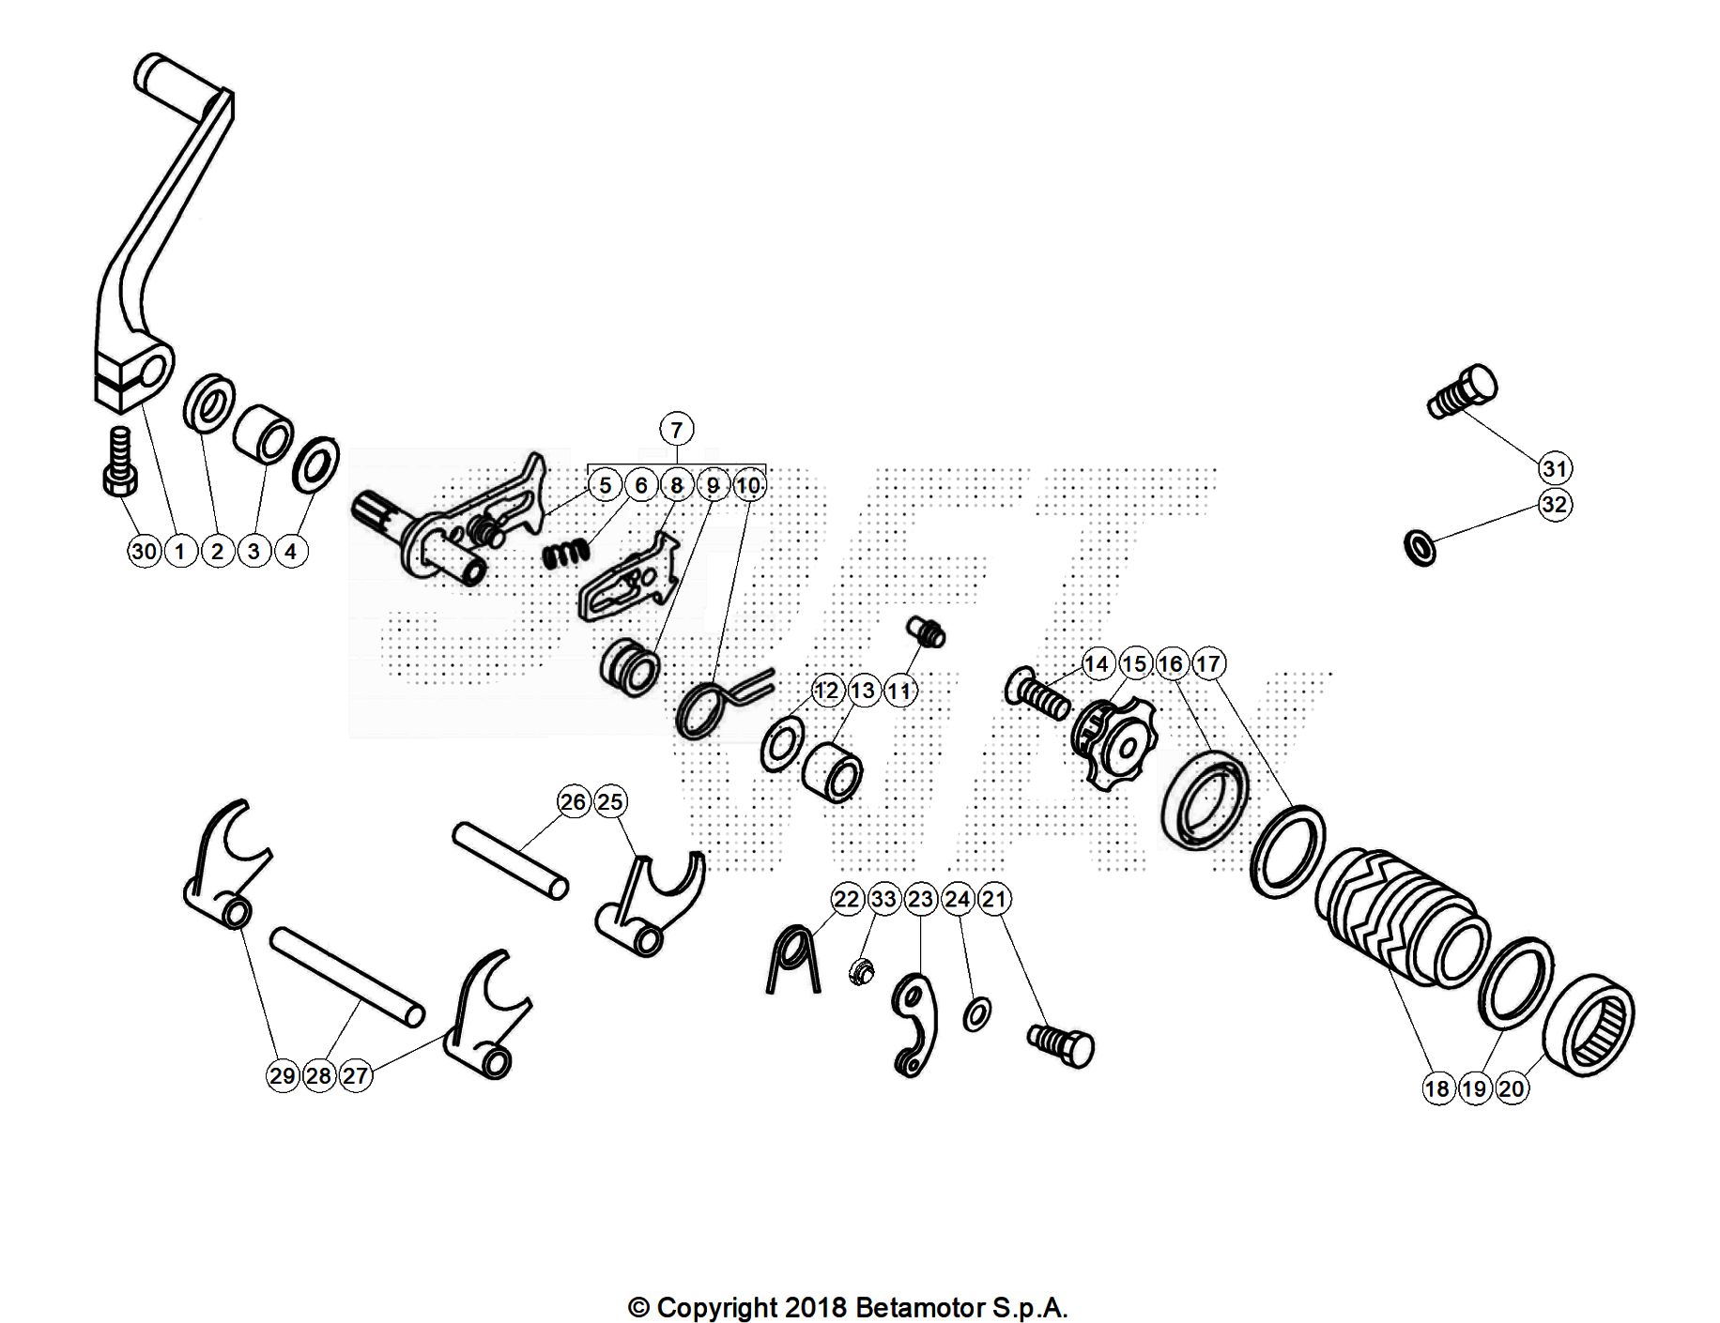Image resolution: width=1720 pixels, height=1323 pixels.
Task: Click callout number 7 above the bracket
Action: pyautogui.click(x=676, y=430)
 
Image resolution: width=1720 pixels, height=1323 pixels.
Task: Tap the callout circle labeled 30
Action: pyautogui.click(x=144, y=551)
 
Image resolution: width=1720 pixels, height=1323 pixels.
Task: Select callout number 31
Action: pyautogui.click(x=1555, y=468)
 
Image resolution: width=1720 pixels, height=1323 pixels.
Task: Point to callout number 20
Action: pyautogui.click(x=1512, y=1088)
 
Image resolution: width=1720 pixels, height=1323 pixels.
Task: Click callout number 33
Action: pyautogui.click(x=883, y=899)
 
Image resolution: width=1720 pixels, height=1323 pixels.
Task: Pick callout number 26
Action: pyautogui.click(x=573, y=802)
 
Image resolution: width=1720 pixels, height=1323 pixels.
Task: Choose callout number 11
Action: pyautogui.click(x=899, y=692)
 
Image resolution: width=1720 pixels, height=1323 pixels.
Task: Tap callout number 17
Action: pyautogui.click(x=1208, y=664)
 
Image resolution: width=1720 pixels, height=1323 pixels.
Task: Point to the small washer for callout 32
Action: pyautogui.click(x=1420, y=547)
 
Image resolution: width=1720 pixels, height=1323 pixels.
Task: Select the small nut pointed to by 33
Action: pyautogui.click(x=857, y=972)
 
